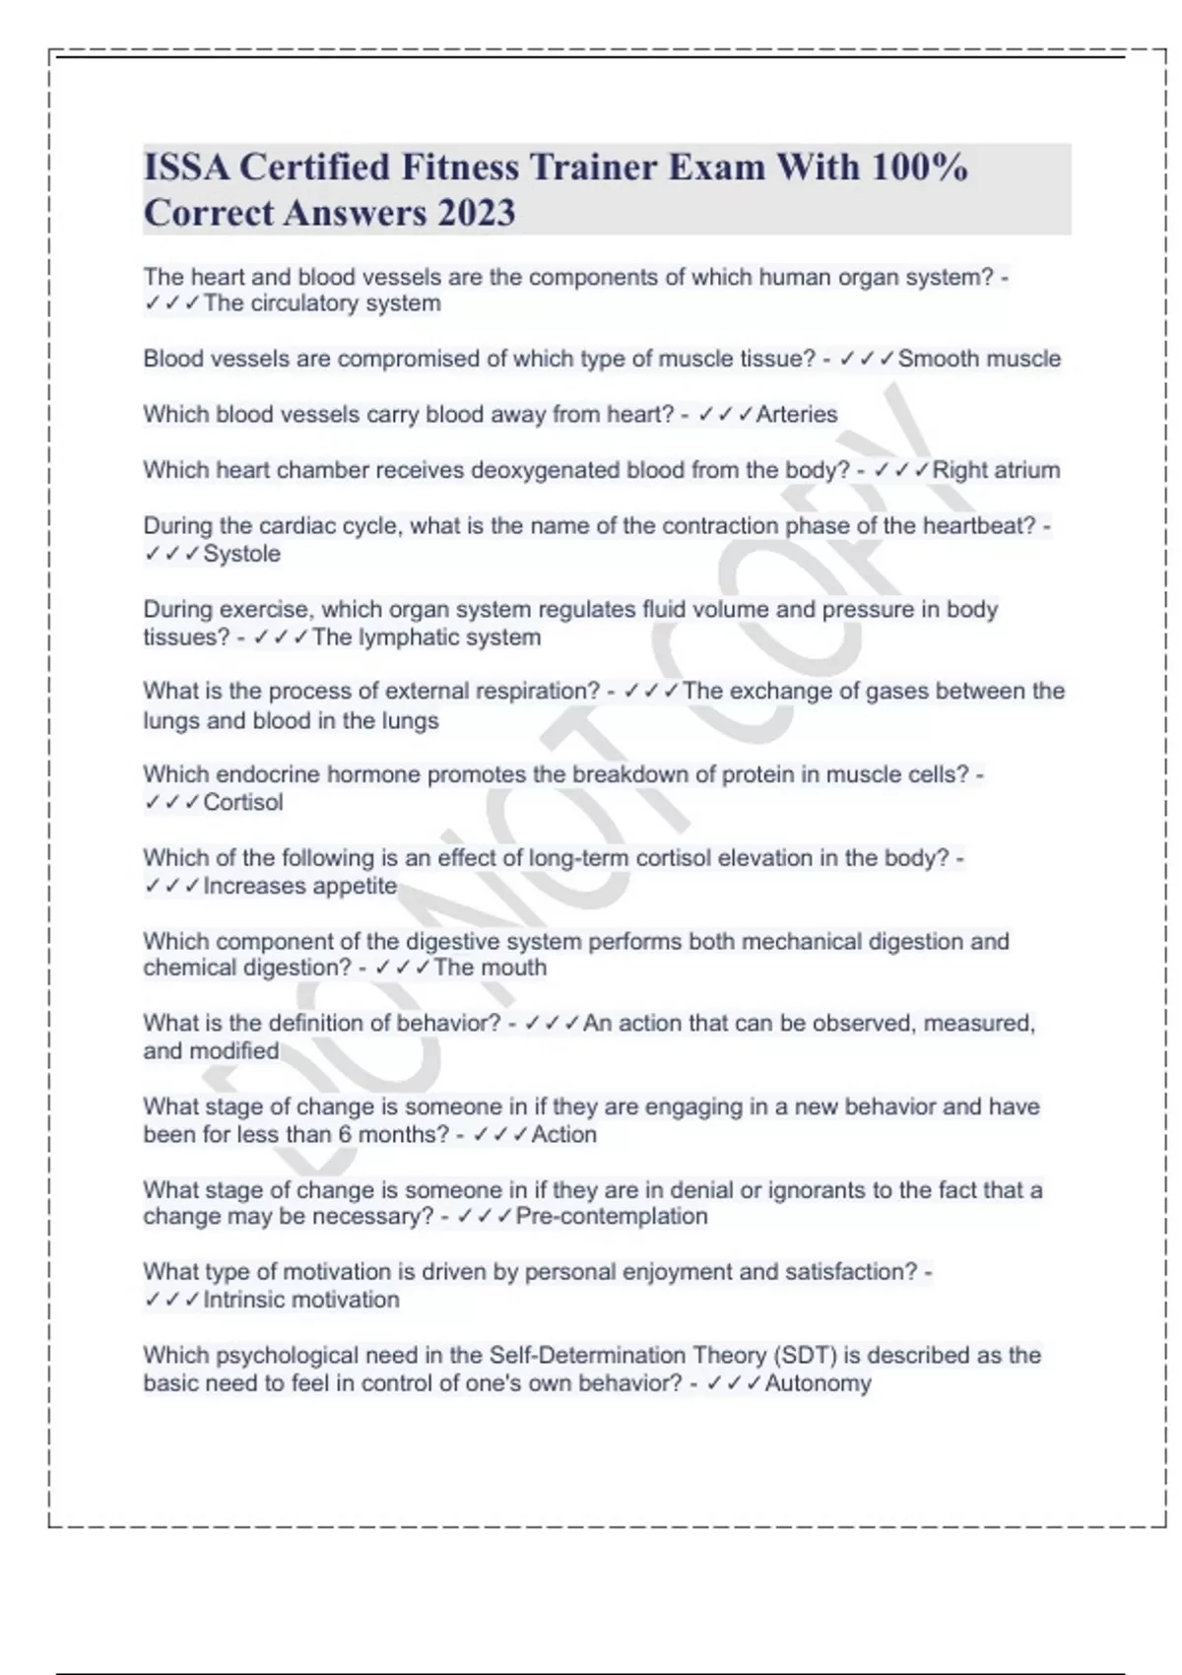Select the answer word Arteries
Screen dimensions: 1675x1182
[x=797, y=414]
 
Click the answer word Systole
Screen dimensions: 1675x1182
[x=241, y=554]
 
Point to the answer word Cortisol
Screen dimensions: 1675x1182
[x=243, y=802]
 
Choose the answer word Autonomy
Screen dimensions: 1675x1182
[x=818, y=1383]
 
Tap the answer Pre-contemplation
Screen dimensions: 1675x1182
[x=612, y=1217]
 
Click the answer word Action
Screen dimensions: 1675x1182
[x=564, y=1134]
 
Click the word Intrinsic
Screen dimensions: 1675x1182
[x=252, y=1300]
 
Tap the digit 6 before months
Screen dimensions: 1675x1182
[x=345, y=1134]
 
